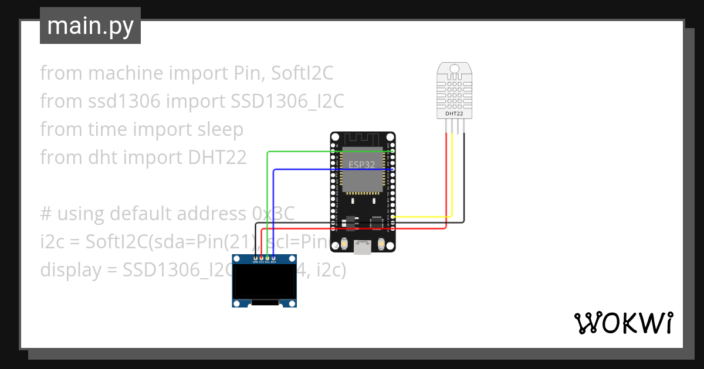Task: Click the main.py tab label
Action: tap(90, 26)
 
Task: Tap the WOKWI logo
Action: tap(622, 323)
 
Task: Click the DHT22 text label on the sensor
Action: tap(454, 113)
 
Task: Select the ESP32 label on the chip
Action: tap(361, 165)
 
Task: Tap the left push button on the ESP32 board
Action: tap(344, 244)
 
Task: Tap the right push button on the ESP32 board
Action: tap(381, 244)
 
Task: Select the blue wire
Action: tap(305, 169)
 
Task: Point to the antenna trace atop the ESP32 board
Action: tap(362, 140)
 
